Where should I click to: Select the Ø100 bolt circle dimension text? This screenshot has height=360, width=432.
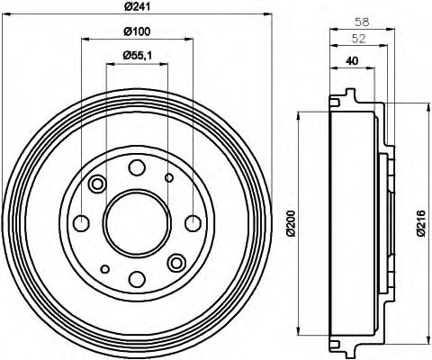coord(135,33)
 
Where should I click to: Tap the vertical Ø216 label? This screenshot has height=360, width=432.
coord(420,222)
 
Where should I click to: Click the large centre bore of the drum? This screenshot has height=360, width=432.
coord(136,222)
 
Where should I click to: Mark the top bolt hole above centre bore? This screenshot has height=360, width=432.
coord(136,166)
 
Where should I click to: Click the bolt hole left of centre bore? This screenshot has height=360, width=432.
coord(80,223)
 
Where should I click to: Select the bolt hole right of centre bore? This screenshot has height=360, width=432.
coord(192,223)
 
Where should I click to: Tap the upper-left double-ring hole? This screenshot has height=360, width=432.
coord(97,184)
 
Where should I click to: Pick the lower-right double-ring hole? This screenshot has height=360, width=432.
coord(176,262)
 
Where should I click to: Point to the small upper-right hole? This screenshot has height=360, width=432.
coord(168,178)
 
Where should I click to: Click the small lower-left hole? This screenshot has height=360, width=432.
coord(104,268)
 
